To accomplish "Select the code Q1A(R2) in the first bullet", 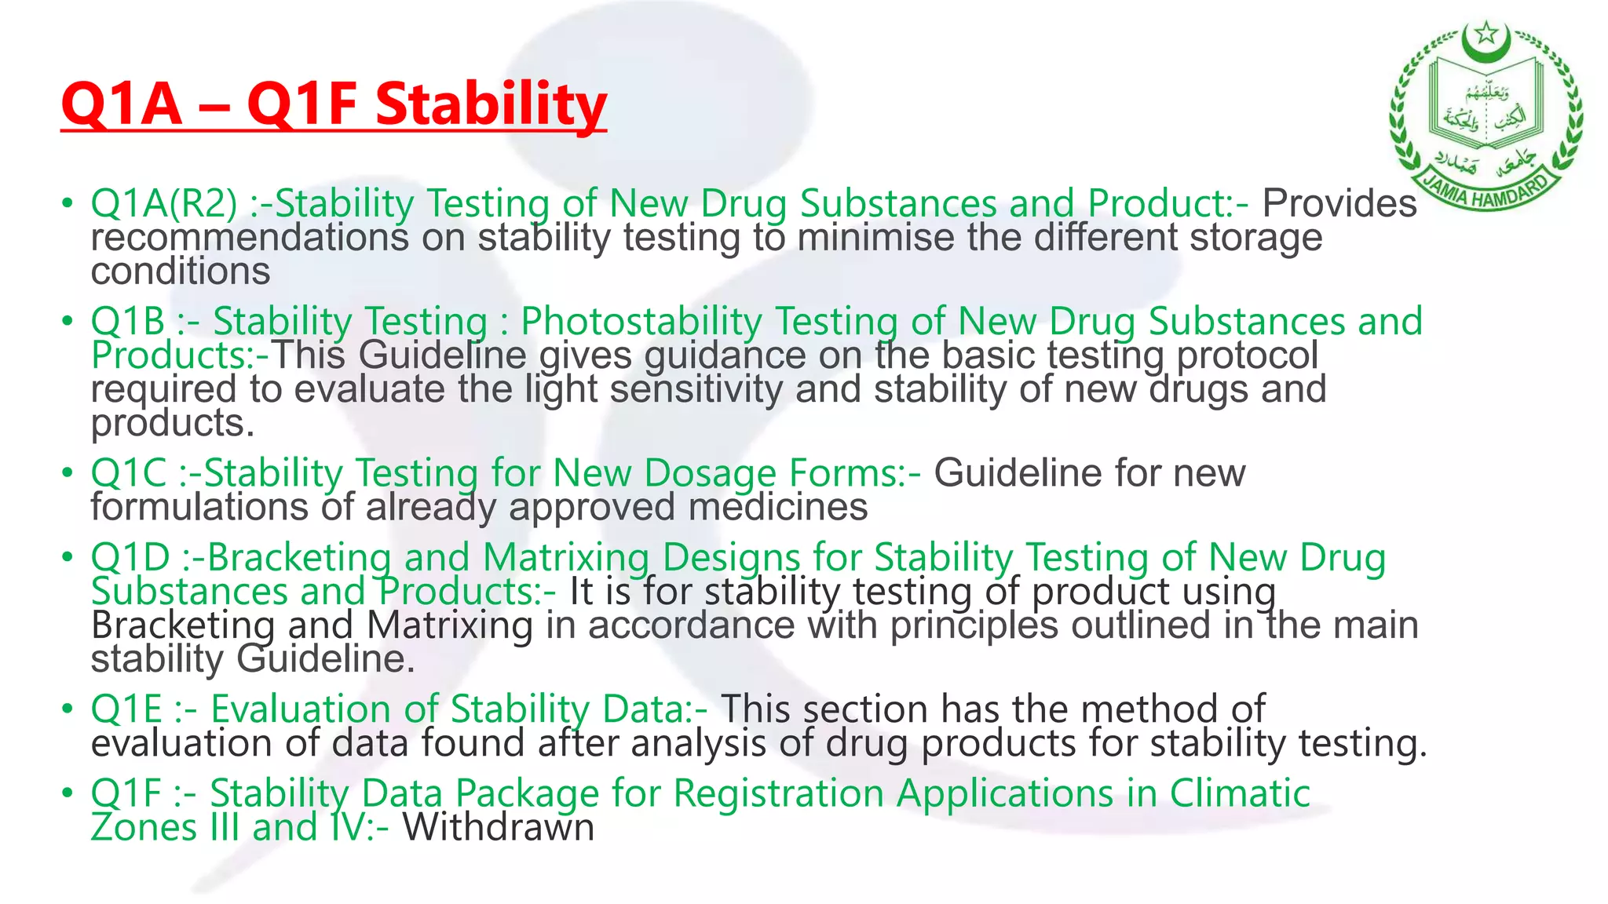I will click(x=163, y=204).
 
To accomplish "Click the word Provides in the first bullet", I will click(x=1339, y=204).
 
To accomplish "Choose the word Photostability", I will click(x=641, y=322).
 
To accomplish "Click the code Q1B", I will click(x=127, y=322).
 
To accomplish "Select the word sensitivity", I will click(x=696, y=389).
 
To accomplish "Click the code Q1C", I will click(x=128, y=473).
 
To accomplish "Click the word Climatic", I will click(x=1240, y=793).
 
